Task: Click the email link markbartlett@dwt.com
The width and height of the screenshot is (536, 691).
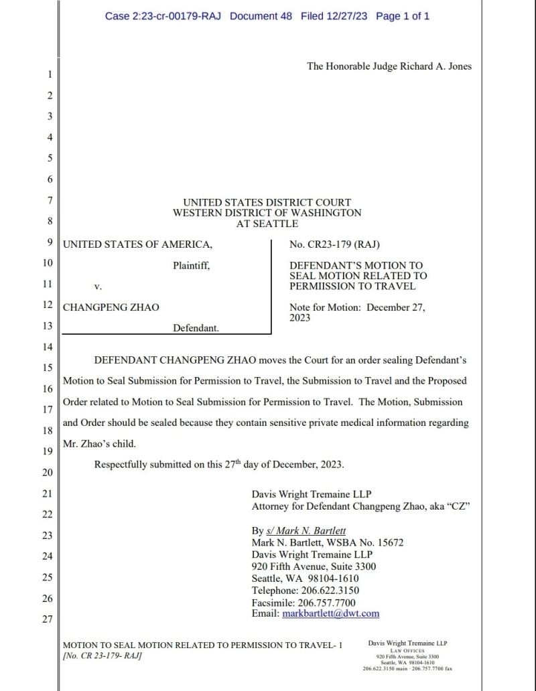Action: (x=332, y=613)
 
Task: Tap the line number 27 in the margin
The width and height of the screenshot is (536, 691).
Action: (x=48, y=619)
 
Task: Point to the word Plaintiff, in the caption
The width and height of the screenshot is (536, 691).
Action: (x=192, y=265)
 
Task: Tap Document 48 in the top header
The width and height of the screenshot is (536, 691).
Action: (x=261, y=16)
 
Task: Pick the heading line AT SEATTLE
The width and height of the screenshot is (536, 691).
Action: (x=267, y=224)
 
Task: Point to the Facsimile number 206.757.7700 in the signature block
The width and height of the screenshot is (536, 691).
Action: (x=324, y=602)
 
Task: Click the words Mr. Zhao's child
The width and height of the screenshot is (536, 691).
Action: (x=99, y=443)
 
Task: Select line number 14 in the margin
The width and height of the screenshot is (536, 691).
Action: (x=48, y=347)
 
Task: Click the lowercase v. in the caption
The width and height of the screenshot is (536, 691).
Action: (x=97, y=287)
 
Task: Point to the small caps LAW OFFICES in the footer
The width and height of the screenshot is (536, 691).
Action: (x=407, y=650)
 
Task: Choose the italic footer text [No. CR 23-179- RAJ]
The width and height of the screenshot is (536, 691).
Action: (x=102, y=656)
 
